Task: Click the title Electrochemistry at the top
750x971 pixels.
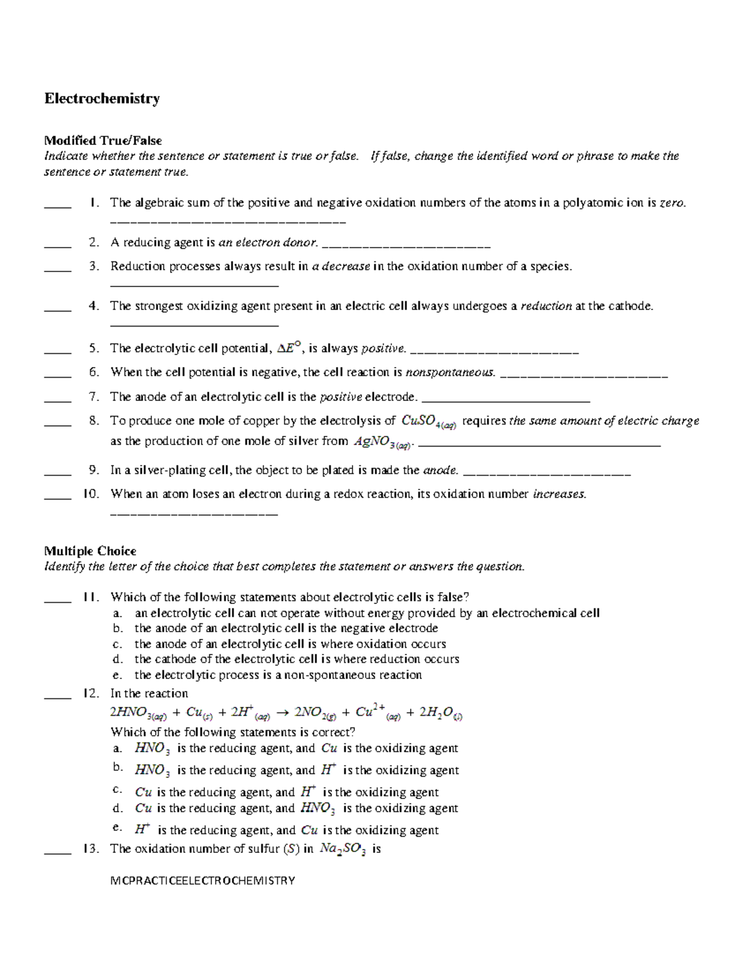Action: click(102, 99)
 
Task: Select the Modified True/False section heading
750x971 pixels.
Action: click(102, 141)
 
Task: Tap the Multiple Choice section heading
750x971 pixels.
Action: click(90, 551)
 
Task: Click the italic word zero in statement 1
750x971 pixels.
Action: click(672, 203)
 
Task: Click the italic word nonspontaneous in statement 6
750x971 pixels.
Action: click(450, 373)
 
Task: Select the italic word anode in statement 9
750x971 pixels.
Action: click(441, 470)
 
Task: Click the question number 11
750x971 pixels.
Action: click(91, 597)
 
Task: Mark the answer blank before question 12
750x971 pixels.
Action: click(57, 694)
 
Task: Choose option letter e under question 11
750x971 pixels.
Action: click(117, 675)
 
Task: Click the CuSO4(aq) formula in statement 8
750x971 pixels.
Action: click(429, 421)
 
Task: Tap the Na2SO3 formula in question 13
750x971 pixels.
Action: click(342, 849)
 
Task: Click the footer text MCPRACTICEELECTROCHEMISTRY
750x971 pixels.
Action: click(202, 880)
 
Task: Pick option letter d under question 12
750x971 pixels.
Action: click(117, 808)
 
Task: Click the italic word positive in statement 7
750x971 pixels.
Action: click(341, 397)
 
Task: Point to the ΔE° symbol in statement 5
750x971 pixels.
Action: click(289, 348)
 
